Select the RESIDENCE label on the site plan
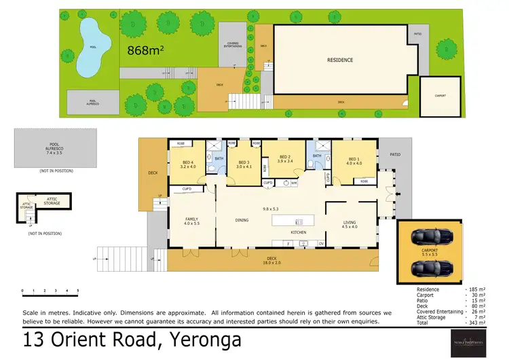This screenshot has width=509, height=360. [339, 60]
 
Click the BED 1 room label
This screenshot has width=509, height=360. [354, 162]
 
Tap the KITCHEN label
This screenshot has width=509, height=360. [299, 232]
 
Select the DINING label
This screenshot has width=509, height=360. [242, 219]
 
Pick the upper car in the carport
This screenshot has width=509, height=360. [429, 237]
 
